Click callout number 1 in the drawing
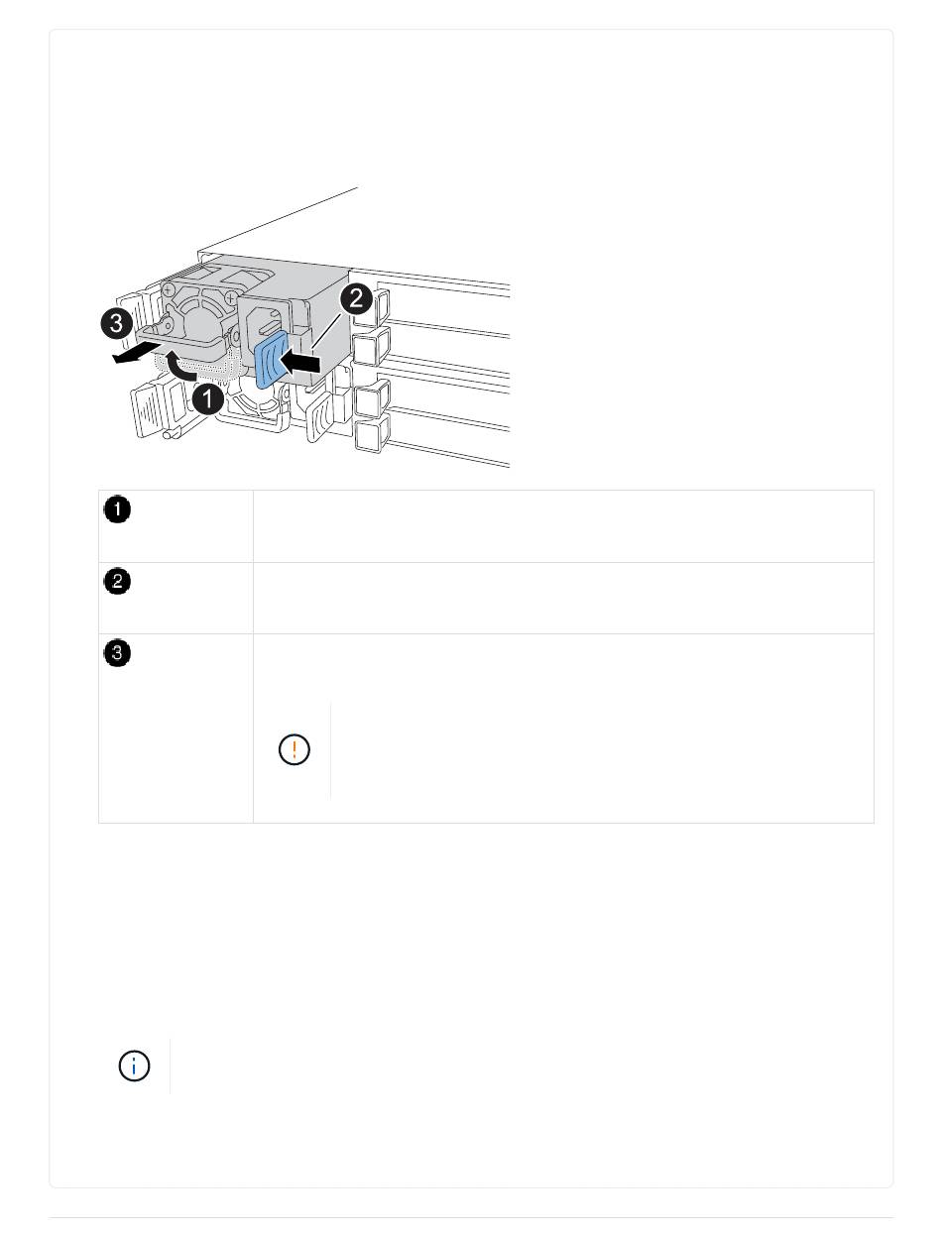207,398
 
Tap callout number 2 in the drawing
356,298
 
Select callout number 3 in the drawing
116,323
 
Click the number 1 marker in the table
117,509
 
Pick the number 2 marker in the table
117,581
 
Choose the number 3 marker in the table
117,653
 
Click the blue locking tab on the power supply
271,360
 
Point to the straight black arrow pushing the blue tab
300,361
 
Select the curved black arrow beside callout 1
180,365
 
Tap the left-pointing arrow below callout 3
132,355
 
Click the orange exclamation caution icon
294,749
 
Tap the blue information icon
134,1066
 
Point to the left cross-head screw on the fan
168,290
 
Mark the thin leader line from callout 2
326,330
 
